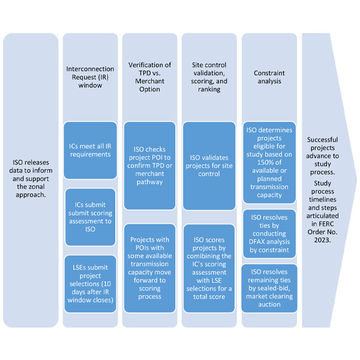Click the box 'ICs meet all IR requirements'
point(90,150)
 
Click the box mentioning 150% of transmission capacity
point(269,162)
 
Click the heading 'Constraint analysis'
point(269,77)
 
